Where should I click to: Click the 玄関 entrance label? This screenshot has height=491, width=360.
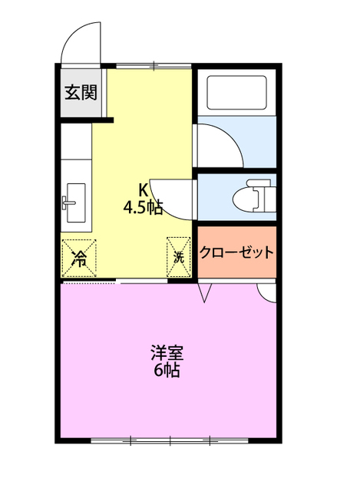[x=80, y=93]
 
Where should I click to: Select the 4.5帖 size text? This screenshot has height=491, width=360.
[x=143, y=206]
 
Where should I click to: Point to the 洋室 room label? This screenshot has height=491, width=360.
[x=167, y=354]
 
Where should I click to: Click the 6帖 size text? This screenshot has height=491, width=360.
[x=167, y=371]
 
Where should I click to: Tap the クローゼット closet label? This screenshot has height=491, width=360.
[x=236, y=252]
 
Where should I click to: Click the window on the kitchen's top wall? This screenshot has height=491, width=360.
[x=154, y=67]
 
